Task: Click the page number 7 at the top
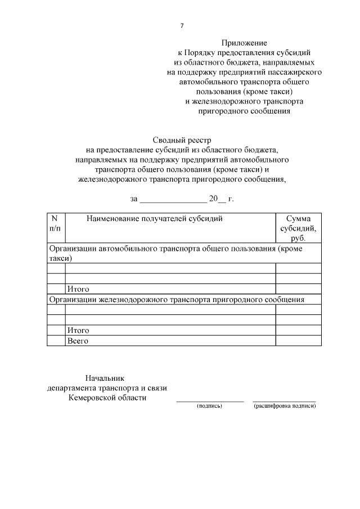(181, 26)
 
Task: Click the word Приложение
(244, 42)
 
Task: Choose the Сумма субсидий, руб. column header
(298, 228)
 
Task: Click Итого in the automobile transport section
(78, 289)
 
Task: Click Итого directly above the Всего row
(78, 331)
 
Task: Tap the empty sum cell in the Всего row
(298, 341)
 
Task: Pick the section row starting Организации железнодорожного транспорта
(177, 300)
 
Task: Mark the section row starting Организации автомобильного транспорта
(183, 253)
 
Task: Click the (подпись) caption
(209, 406)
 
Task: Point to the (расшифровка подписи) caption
(285, 406)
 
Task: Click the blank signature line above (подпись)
(210, 400)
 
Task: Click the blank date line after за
(173, 199)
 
